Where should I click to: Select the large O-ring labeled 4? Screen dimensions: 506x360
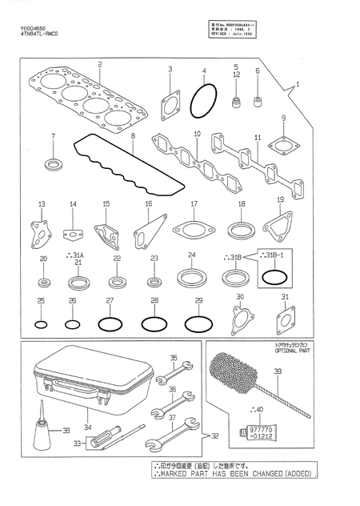tap(203, 103)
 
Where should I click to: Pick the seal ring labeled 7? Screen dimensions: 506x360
tap(54, 165)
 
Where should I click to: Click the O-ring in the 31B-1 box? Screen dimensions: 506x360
tap(273, 277)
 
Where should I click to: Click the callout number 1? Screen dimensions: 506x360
tap(297, 83)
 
